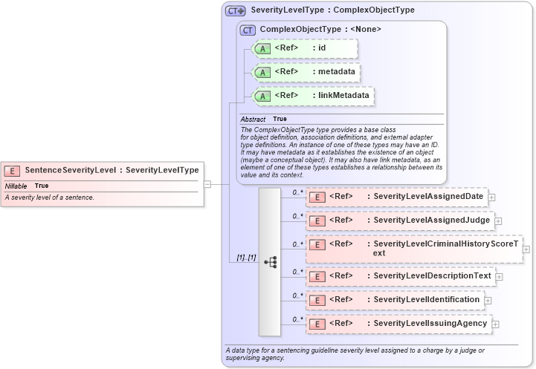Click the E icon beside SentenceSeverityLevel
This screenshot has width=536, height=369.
pos(13,170)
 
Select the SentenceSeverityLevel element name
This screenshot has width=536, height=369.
pos(71,170)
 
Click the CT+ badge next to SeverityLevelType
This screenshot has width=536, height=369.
pos(236,11)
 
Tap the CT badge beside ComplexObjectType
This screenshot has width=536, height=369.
pos(248,30)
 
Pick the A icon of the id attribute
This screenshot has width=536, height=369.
pos(263,49)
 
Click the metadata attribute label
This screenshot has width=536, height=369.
pos(336,72)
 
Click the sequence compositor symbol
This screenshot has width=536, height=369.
pos(270,261)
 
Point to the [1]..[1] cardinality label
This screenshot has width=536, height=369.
pos(246,258)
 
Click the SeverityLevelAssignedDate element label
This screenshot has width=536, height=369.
pos(428,197)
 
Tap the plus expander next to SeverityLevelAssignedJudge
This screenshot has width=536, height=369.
pos(498,221)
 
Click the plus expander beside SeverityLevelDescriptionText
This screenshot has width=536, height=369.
pos(499,276)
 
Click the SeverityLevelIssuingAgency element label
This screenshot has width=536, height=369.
pos(430,324)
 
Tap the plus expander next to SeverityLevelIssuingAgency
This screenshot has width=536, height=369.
pos(495,324)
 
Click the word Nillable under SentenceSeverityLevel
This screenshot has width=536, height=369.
pos(16,186)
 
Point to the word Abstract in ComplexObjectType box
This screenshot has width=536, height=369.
pos(253,119)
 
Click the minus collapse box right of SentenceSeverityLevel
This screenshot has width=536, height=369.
pos(207,184)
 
